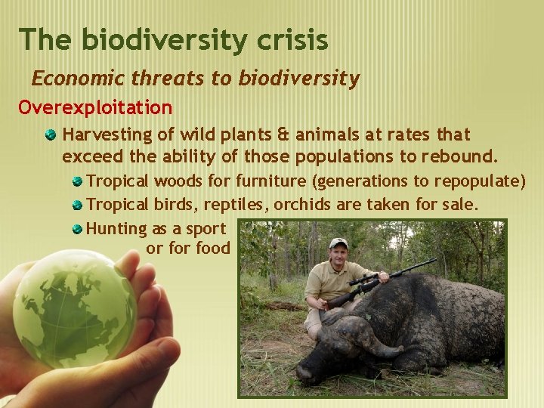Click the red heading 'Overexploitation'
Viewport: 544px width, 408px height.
(95, 108)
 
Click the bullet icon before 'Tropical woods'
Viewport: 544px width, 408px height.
(77, 181)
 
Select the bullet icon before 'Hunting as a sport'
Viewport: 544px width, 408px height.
(77, 228)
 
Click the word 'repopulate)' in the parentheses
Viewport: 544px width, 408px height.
(482, 181)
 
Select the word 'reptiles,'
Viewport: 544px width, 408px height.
(234, 205)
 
